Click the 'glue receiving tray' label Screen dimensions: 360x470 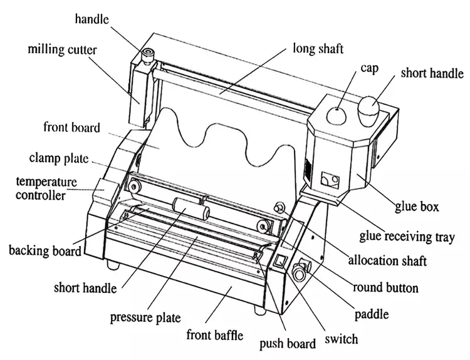(407, 236)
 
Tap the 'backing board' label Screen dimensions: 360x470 (44, 251)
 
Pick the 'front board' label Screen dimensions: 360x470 (71, 128)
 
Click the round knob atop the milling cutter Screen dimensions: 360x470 (150, 53)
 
